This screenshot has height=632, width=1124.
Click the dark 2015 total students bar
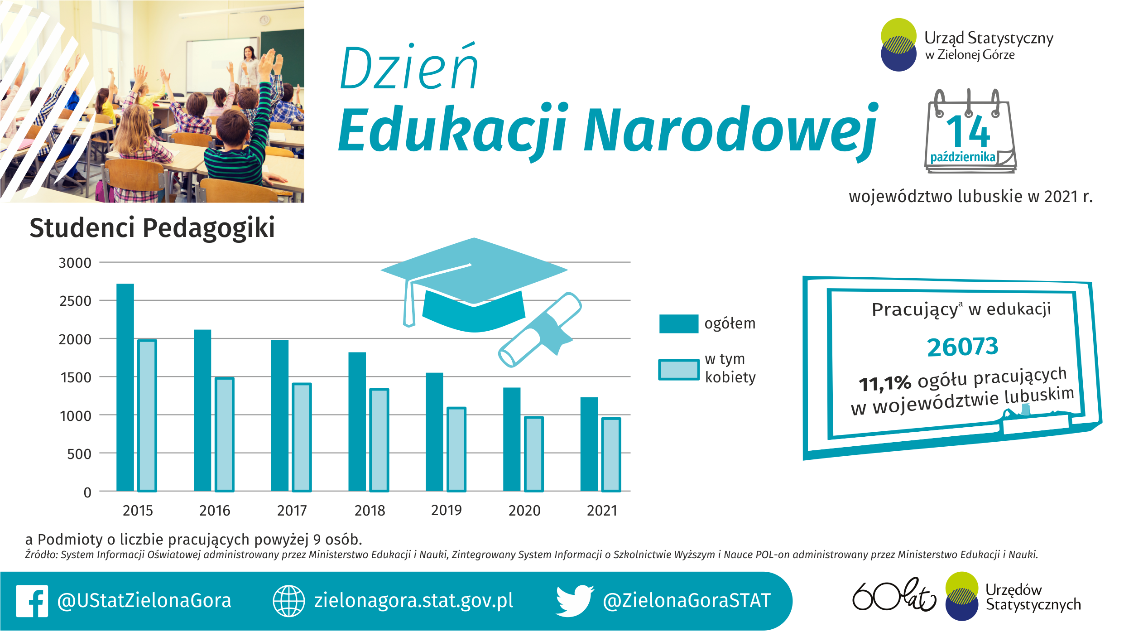tap(125, 387)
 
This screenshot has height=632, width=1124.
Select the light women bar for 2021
tap(611, 454)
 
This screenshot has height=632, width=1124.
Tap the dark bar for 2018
tap(357, 421)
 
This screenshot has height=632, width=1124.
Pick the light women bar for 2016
tap(225, 434)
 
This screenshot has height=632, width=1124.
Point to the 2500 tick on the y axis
tap(75, 301)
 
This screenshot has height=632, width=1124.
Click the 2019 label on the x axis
tap(447, 511)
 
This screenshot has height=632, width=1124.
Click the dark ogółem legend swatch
tap(679, 323)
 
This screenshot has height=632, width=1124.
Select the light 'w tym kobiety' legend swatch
tap(679, 370)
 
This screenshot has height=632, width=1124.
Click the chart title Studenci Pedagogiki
tap(152, 228)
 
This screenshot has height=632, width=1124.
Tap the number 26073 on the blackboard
tap(962, 347)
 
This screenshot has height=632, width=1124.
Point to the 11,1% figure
tap(885, 383)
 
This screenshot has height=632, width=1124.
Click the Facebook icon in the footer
tap(32, 601)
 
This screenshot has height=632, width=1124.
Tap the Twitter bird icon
tap(575, 601)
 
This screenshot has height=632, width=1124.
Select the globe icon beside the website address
tap(288, 601)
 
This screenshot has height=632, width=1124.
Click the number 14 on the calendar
tap(968, 131)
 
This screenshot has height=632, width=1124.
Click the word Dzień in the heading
tap(408, 68)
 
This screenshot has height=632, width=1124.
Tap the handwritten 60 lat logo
tap(894, 594)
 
